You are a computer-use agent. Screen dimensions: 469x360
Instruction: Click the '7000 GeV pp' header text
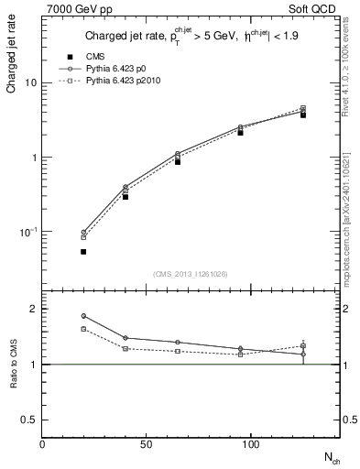(x=72, y=10)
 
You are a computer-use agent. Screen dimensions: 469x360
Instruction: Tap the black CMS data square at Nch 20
(x=83, y=251)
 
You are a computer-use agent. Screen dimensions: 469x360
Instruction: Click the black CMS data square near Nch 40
(x=125, y=196)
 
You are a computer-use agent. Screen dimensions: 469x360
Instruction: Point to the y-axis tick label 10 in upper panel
(x=30, y=83)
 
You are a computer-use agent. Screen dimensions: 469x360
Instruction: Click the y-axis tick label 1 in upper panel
(x=34, y=158)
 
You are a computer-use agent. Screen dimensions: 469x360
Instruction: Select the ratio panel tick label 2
(x=33, y=309)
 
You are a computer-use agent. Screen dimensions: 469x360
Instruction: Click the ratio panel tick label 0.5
(x=29, y=419)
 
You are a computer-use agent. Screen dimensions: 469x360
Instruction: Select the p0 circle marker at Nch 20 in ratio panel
(x=83, y=316)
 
